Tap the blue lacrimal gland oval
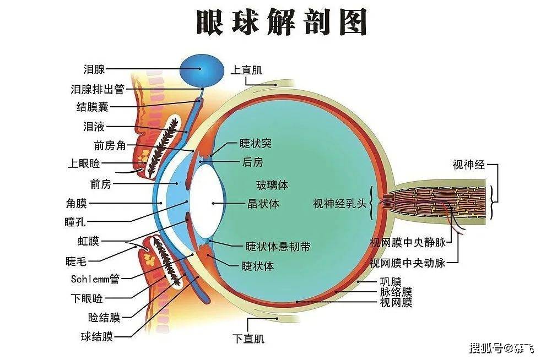[x=203, y=69]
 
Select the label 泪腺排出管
[x=97, y=89]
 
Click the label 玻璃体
[x=272, y=184]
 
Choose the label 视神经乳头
[x=339, y=204]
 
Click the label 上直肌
[x=246, y=70]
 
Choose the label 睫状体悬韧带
[x=278, y=247]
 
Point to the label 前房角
[x=110, y=146]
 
